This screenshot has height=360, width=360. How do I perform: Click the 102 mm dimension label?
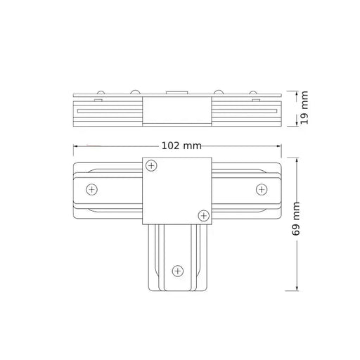pyautogui.click(x=181, y=146)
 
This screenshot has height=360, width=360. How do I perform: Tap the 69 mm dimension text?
pyautogui.click(x=296, y=219)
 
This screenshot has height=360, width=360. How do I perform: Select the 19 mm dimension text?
pyautogui.click(x=304, y=108)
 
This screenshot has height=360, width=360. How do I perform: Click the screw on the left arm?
pyautogui.click(x=91, y=189)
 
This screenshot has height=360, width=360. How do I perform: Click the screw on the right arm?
pyautogui.click(x=262, y=189)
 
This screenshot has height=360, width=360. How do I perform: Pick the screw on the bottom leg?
pyautogui.click(x=178, y=271)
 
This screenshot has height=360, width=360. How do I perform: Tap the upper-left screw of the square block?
pyautogui.click(x=151, y=166)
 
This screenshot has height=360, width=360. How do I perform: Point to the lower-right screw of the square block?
pyautogui.click(x=204, y=215)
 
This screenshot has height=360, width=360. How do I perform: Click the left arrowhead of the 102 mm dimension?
pyautogui.click(x=75, y=146)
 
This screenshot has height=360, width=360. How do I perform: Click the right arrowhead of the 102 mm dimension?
pyautogui.click(x=279, y=146)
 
